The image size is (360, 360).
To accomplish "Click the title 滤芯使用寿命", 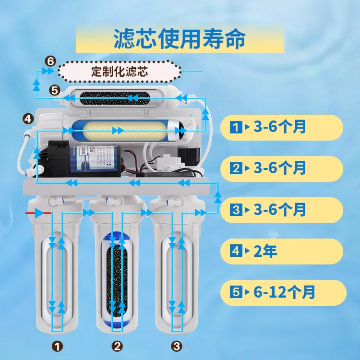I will click(x=180, y=39).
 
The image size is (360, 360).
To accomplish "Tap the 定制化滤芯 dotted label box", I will click(x=120, y=72).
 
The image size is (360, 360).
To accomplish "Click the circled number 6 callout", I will click(x=50, y=61).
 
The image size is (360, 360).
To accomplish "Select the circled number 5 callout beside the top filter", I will click(x=54, y=90).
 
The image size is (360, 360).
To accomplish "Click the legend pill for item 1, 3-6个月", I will click(x=281, y=127).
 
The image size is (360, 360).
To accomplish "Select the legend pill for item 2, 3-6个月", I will click(x=281, y=168).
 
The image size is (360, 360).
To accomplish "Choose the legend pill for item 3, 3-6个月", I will click(x=281, y=210).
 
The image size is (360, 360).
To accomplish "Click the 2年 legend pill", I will click(x=281, y=251).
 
